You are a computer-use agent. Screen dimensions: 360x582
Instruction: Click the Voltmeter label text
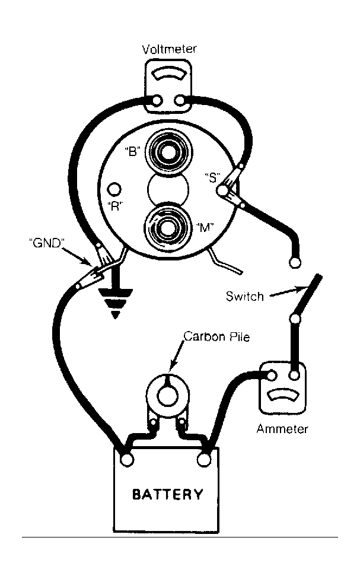coord(169,49)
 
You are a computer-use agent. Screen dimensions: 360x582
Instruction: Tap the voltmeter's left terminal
coord(157,100)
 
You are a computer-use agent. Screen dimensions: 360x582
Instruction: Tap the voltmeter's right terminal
coord(180,100)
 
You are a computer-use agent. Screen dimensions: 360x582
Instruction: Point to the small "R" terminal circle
coord(114,189)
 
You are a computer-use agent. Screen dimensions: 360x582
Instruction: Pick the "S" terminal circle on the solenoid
coord(222,191)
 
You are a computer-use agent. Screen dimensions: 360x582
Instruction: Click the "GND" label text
coord(47,243)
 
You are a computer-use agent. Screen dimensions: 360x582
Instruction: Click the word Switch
coord(244,296)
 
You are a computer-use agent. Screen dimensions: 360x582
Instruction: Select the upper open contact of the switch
coord(295,263)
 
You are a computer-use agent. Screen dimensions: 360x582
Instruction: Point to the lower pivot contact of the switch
coord(295,319)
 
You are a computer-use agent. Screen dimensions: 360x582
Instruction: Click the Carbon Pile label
coord(216,336)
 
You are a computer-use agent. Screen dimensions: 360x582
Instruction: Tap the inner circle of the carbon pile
coord(168,396)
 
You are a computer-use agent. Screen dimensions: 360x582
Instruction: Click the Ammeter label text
coord(282,429)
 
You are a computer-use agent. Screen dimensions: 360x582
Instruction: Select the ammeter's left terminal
coord(272,376)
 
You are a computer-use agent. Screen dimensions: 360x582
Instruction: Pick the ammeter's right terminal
coord(294,376)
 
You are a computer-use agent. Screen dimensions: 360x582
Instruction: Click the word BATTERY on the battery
coord(168,494)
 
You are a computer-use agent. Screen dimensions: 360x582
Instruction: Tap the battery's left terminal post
coord(127,460)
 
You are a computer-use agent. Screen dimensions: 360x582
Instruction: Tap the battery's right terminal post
coord(204,460)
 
